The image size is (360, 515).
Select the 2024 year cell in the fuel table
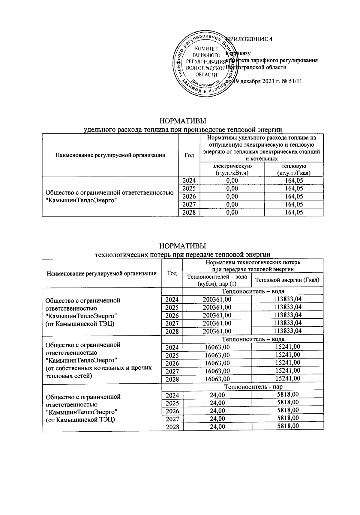point(189,180)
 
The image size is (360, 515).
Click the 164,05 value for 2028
point(294,213)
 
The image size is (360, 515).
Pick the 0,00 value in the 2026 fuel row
point(232,196)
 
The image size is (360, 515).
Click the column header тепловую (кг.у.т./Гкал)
point(294,169)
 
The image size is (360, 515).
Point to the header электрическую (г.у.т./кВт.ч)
point(232,169)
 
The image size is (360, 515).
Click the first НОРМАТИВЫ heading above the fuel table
point(183,121)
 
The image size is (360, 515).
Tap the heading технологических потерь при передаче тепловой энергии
point(183,255)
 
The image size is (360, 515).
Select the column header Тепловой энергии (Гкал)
point(287,280)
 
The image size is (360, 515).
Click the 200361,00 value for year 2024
point(217,299)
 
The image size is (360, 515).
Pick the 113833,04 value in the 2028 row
point(287,331)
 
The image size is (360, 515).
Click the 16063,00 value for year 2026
point(217,363)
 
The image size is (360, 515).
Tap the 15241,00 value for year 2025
point(287,355)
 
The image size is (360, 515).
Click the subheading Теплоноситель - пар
point(253,387)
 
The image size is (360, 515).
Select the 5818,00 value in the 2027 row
point(288,418)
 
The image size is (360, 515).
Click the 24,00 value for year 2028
point(217,427)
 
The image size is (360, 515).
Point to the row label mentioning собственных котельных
point(98,368)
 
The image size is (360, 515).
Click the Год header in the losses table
point(172,273)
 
